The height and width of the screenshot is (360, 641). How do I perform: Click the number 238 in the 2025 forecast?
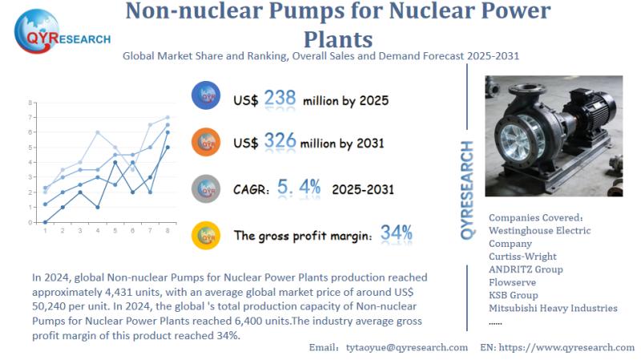[280, 99]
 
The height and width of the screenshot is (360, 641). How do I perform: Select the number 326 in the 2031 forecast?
[280, 143]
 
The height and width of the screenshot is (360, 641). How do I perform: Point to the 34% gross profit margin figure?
[397, 234]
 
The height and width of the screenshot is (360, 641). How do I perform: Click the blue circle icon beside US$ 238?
[207, 96]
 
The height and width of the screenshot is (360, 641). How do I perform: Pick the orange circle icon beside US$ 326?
[207, 142]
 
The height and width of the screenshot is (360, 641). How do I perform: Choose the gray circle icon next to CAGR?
[207, 188]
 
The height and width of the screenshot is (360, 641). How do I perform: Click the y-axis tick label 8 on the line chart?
[30, 103]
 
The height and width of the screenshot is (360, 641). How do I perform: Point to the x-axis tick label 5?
[115, 231]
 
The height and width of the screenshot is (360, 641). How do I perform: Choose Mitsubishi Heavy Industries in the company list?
[553, 308]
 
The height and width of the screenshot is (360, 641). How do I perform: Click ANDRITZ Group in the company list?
[526, 269]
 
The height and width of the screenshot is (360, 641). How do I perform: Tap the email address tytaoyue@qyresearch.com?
[406, 347]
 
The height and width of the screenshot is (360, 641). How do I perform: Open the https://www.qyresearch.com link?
[568, 347]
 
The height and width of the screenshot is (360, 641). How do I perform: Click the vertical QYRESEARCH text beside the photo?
[468, 188]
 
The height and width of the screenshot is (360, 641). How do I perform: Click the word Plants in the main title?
[338, 39]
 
